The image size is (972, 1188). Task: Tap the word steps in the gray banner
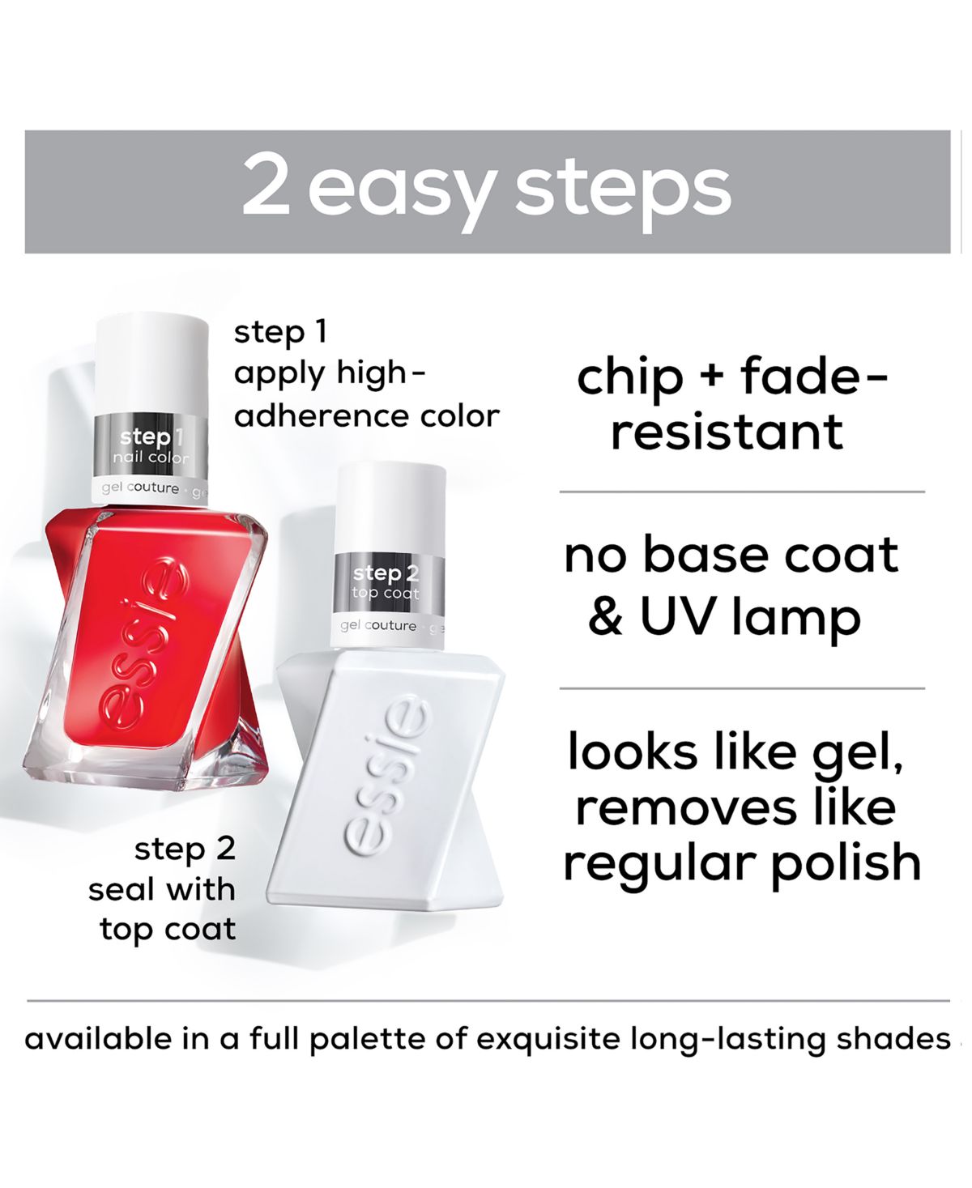tap(623, 192)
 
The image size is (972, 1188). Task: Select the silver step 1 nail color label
tap(151, 447)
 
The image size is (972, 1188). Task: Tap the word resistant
tap(727, 432)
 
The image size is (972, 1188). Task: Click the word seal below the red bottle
tap(120, 889)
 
